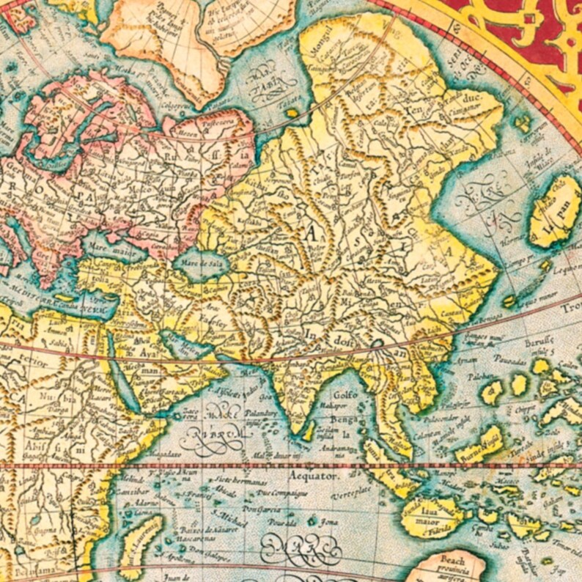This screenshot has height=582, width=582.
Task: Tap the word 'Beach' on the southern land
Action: pyautogui.click(x=446, y=559)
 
